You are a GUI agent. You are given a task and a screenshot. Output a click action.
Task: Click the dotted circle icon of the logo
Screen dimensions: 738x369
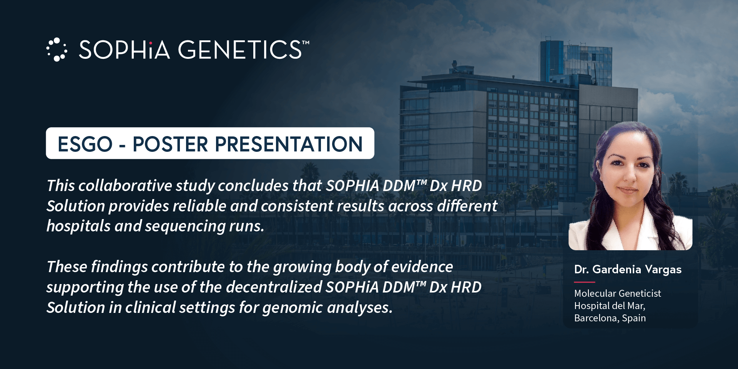click(x=57, y=50)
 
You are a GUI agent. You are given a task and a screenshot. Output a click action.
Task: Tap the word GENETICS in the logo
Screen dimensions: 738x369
click(x=240, y=50)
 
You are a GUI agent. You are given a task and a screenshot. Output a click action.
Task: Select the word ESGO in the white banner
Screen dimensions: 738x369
click(x=85, y=144)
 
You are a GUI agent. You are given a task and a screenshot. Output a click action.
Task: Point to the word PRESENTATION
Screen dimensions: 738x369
click(x=289, y=144)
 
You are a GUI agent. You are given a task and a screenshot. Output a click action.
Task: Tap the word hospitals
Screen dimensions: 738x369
click(x=78, y=226)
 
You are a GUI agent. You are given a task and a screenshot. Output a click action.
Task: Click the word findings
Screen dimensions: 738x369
click(x=119, y=267)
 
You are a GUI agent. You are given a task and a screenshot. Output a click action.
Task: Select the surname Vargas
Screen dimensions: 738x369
click(x=663, y=270)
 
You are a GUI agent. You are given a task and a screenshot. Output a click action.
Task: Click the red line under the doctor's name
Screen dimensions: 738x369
click(x=584, y=282)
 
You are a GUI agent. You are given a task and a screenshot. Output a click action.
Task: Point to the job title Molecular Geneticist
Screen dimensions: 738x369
click(x=617, y=293)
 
